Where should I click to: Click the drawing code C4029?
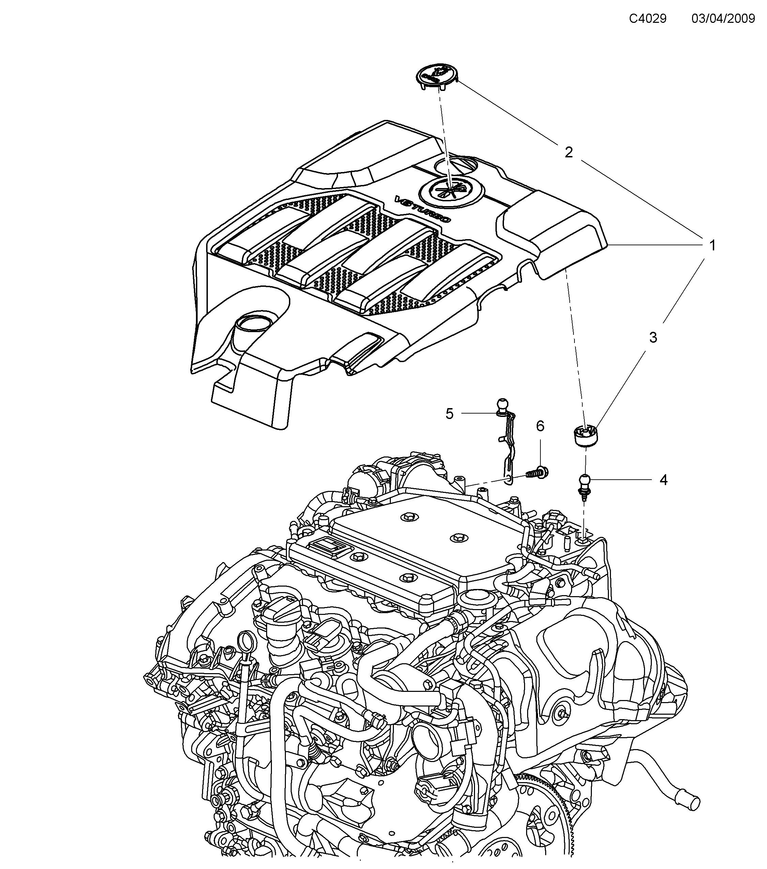647,19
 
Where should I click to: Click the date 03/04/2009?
723,19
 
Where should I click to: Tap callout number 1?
712,245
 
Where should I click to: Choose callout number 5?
450,413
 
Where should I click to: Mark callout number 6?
540,426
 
